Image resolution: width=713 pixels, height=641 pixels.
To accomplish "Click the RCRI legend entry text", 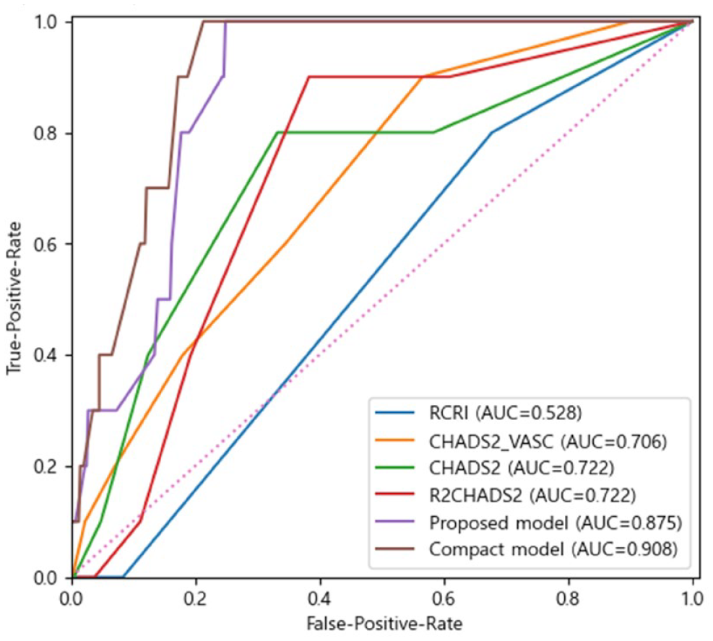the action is pyautogui.click(x=505, y=412).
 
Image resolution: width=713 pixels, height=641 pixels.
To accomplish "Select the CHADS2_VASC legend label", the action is pyautogui.click(x=548, y=440).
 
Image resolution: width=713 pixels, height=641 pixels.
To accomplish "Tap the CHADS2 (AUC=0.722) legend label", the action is pyautogui.click(x=521, y=468).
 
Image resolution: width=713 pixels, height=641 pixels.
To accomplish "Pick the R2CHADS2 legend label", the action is pyautogui.click(x=532, y=494).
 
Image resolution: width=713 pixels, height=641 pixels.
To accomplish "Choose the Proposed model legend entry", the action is pyautogui.click(x=556, y=523).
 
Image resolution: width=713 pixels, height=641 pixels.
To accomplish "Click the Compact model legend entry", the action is pyautogui.click(x=553, y=549).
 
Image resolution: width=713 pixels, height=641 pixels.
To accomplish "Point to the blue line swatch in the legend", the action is pyautogui.click(x=395, y=413).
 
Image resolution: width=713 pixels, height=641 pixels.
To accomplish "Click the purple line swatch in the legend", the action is pyautogui.click(x=395, y=523).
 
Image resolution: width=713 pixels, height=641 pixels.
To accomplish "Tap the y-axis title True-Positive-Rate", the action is pyautogui.click(x=14, y=298).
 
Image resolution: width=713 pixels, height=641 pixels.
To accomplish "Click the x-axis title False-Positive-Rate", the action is pyautogui.click(x=384, y=623).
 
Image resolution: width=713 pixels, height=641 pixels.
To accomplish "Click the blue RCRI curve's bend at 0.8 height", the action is pyautogui.click(x=491, y=133).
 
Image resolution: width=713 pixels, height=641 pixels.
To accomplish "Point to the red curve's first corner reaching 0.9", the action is pyautogui.click(x=309, y=77).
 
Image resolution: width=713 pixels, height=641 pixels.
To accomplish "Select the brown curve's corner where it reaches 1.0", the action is pyautogui.click(x=203, y=22).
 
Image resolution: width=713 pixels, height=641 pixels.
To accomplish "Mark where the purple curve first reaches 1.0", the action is pyautogui.click(x=225, y=22).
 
